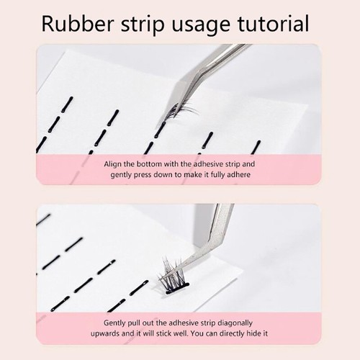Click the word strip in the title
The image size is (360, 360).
(x=142, y=24)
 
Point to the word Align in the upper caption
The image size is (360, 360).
(x=113, y=164)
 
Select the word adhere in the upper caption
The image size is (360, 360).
(x=238, y=174)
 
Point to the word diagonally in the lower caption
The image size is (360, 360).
(x=235, y=323)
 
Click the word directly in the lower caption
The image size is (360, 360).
(x=231, y=334)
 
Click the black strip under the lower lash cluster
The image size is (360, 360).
(x=177, y=289)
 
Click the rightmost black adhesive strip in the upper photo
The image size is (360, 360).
(x=256, y=147)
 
